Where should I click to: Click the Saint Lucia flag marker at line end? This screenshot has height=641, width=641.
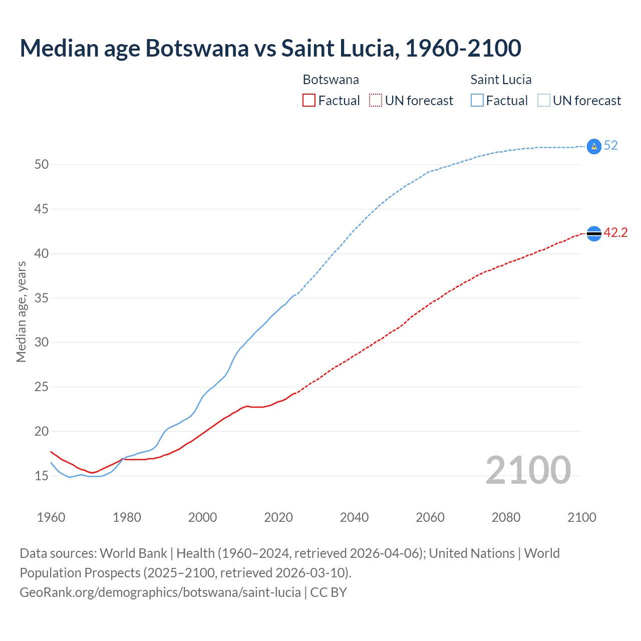pyautogui.click(x=593, y=146)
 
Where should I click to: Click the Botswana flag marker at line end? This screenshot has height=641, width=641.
pyautogui.click(x=593, y=233)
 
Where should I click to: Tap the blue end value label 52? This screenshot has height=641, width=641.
pyautogui.click(x=610, y=146)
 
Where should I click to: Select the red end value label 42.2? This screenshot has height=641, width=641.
pyautogui.click(x=615, y=233)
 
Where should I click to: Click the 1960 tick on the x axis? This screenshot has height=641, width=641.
pyautogui.click(x=51, y=517)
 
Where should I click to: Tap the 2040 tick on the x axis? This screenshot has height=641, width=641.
pyautogui.click(x=354, y=517)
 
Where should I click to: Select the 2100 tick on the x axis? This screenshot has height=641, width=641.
pyautogui.click(x=581, y=517)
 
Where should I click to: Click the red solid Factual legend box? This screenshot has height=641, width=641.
pyautogui.click(x=309, y=101)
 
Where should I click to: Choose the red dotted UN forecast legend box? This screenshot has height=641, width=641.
pyautogui.click(x=376, y=101)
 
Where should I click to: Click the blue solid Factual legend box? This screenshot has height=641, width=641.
pyautogui.click(x=477, y=101)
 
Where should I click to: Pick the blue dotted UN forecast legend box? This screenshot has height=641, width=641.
pyautogui.click(x=543, y=101)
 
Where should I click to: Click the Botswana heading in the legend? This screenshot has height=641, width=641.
pyautogui.click(x=331, y=80)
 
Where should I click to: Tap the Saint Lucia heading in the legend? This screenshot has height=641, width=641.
pyautogui.click(x=501, y=80)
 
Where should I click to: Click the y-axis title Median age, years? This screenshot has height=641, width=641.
pyautogui.click(x=21, y=311)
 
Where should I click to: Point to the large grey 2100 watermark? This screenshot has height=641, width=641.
pyautogui.click(x=528, y=470)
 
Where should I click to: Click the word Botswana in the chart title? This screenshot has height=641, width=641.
pyautogui.click(x=196, y=48)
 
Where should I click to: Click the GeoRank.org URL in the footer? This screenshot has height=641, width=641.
pyautogui.click(x=160, y=592)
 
